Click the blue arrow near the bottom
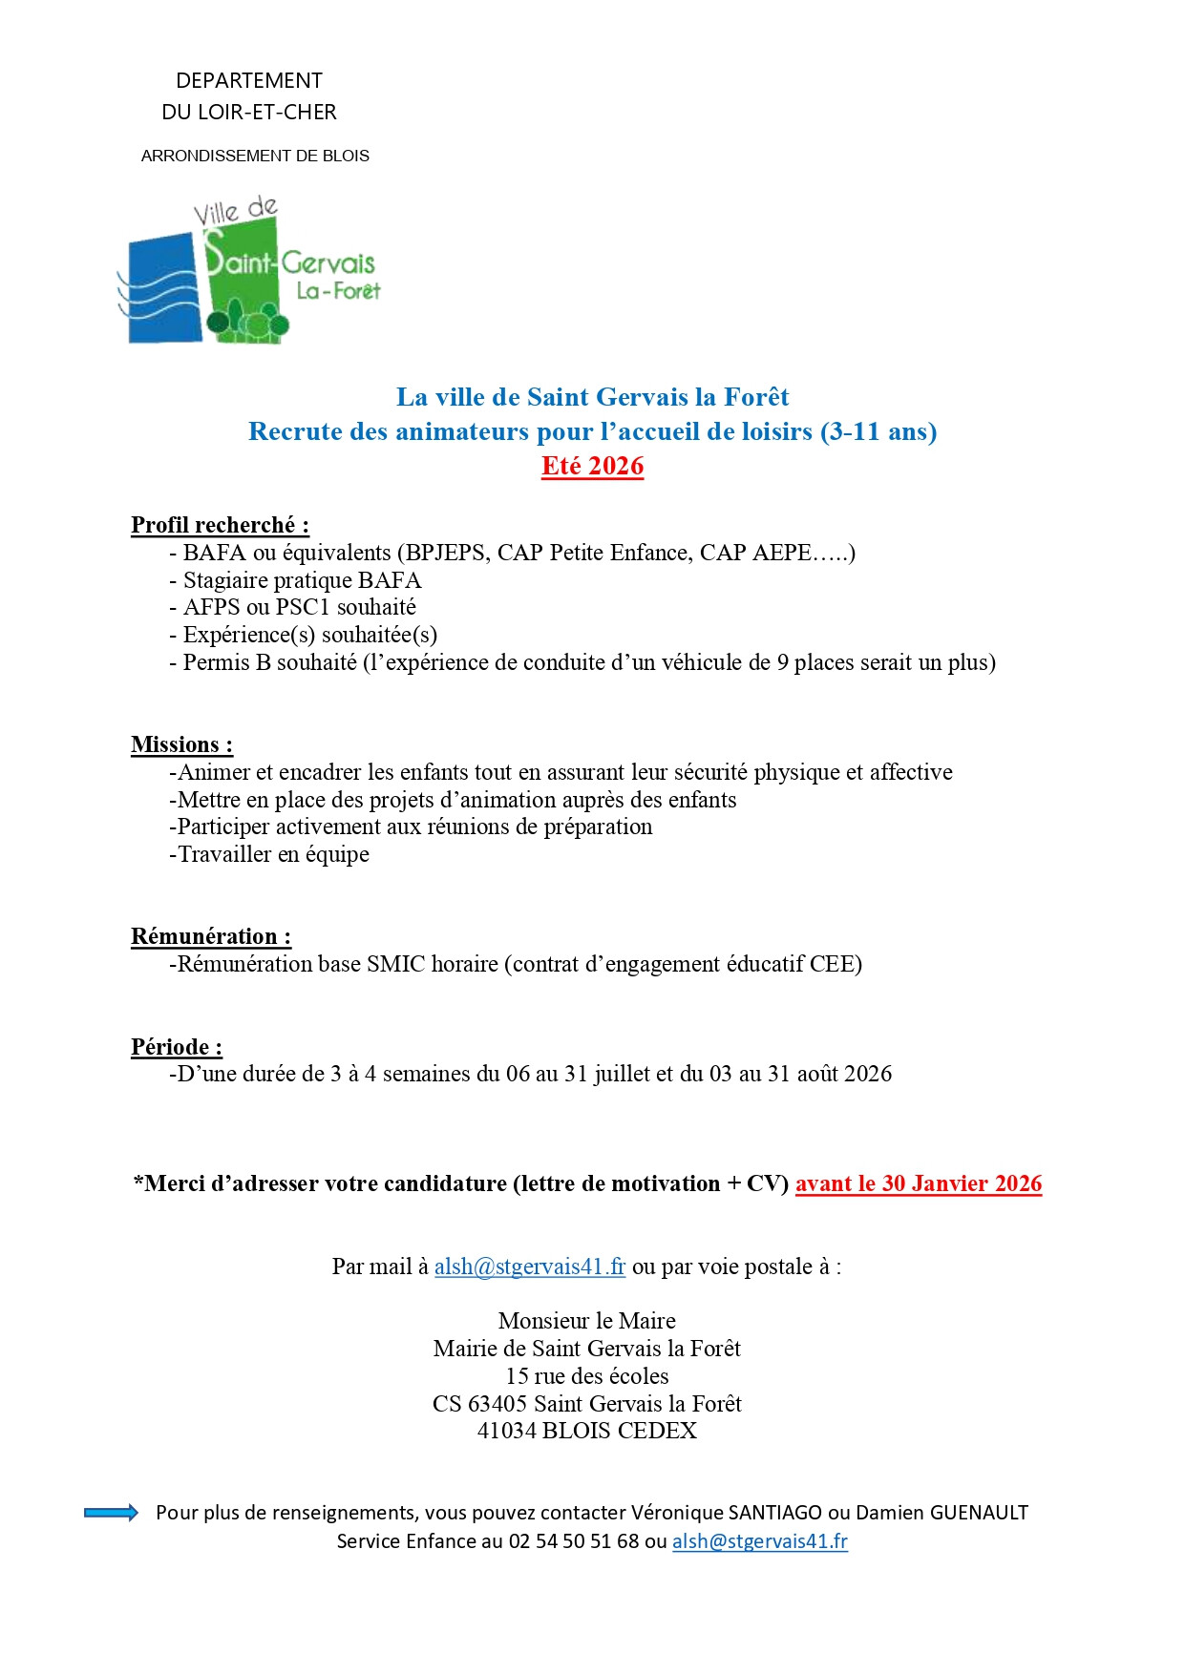pos(111,1513)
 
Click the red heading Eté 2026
pos(592,466)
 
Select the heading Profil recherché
pos(220,525)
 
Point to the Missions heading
pos(181,744)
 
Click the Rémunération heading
pos(211,936)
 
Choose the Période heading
pos(177,1047)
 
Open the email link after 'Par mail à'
pos(530,1267)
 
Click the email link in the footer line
pos(760,1541)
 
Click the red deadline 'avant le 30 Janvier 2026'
pos(919,1183)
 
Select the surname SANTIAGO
pos(774,1513)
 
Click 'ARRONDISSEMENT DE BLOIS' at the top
pos(255,156)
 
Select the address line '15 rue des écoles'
pos(587,1376)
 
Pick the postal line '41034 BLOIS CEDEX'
pos(587,1431)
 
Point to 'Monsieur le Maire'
pos(587,1321)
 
